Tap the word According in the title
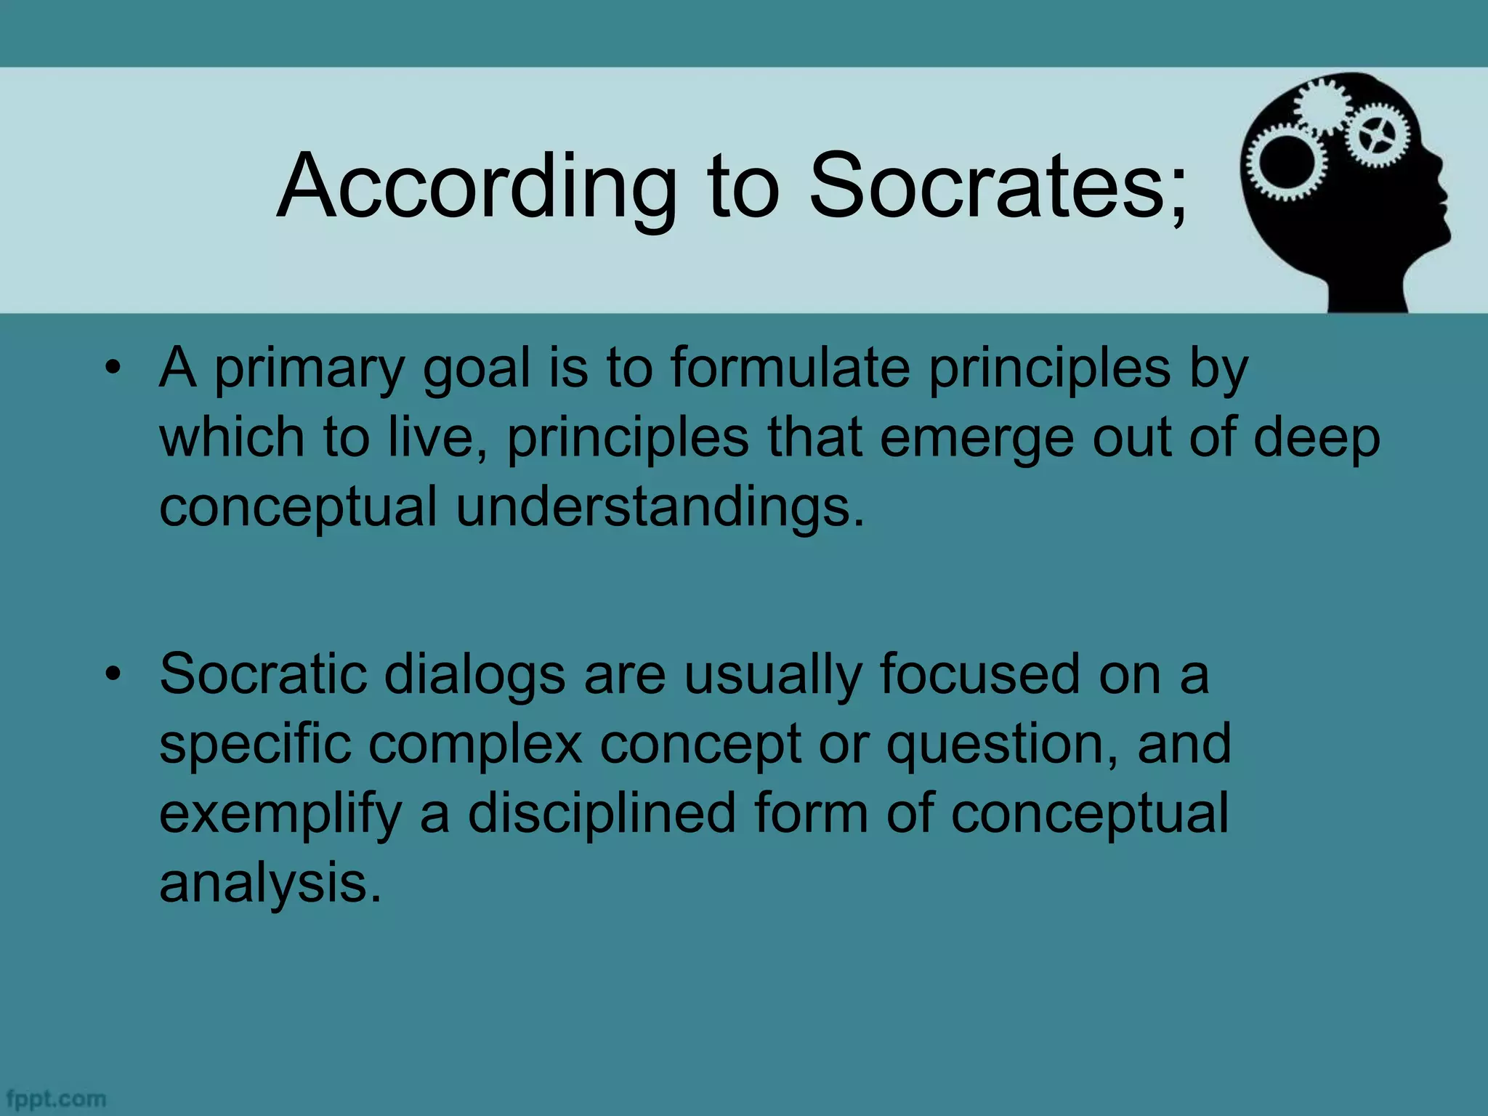coord(477,187)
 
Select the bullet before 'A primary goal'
coord(112,368)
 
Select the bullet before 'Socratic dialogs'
coord(112,674)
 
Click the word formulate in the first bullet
coord(790,368)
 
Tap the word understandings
coord(660,507)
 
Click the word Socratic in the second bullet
coord(262,674)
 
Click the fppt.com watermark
coord(55,1099)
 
